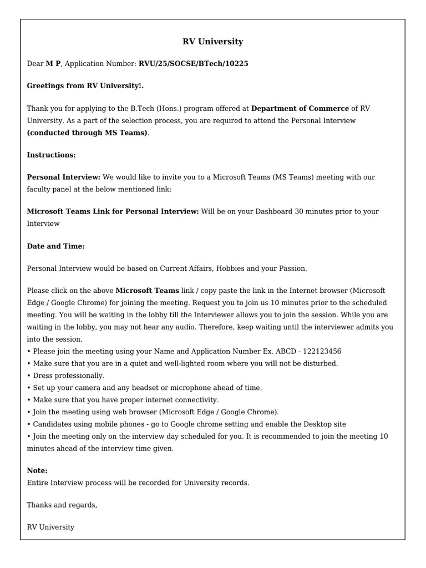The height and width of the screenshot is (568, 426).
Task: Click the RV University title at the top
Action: point(212,42)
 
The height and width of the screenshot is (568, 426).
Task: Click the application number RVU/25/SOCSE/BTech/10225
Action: point(193,64)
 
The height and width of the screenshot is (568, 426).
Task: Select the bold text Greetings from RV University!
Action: point(85,86)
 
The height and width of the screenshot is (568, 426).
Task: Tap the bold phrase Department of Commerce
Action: point(300,109)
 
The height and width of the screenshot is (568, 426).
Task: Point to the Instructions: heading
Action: point(51,155)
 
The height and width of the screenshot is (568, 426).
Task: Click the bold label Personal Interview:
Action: point(64,177)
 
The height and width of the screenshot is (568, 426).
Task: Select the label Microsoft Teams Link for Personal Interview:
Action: point(113,211)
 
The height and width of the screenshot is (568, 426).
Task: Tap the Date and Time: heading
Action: point(55,246)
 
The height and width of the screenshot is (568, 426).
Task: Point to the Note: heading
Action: point(37,470)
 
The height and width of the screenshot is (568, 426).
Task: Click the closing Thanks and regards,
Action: point(62,505)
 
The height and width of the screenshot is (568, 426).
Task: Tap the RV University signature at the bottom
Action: point(50,527)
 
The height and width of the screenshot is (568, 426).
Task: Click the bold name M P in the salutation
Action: point(53,64)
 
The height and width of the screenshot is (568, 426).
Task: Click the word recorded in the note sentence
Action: point(145,483)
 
